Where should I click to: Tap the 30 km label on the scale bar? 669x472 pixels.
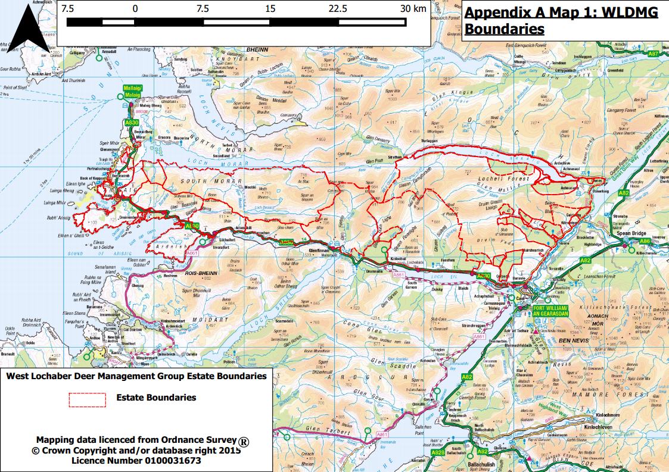tap(412, 8)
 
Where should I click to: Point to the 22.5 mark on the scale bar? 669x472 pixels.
tap(338, 8)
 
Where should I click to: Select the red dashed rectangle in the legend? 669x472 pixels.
tap(88, 398)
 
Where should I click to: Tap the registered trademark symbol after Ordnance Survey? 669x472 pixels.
tap(244, 442)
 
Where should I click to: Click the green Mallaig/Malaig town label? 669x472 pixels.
tap(131, 90)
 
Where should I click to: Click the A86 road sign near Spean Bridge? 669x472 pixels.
tap(645, 242)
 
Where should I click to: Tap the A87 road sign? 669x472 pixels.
tap(653, 54)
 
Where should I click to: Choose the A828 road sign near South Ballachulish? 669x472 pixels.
tap(437, 453)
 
